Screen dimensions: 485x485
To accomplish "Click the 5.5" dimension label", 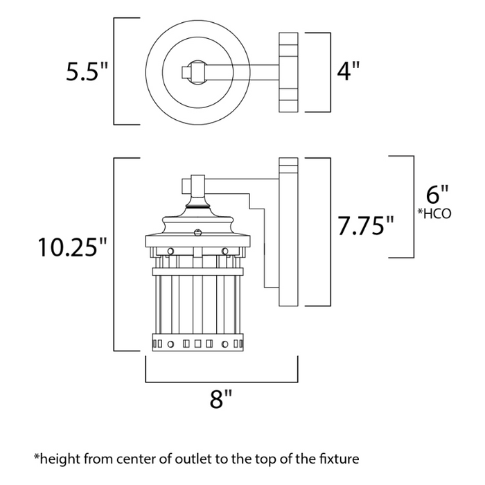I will [86, 72].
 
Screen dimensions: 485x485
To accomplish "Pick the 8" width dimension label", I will [221, 400].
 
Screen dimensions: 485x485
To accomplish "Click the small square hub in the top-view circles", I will [193, 71].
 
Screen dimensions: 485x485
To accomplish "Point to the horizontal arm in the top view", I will [242, 71].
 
